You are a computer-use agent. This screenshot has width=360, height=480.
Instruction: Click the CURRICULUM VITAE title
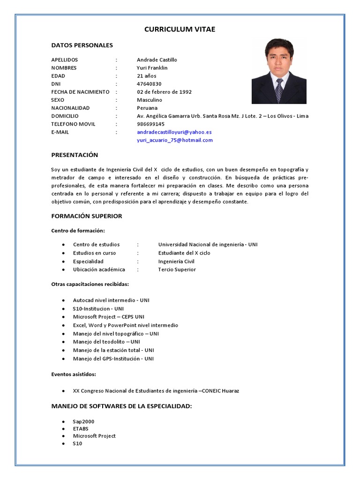180,30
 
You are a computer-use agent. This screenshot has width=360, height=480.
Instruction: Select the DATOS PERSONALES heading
82,45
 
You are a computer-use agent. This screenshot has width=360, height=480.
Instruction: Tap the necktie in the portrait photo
279,89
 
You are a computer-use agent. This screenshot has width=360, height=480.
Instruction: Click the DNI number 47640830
149,84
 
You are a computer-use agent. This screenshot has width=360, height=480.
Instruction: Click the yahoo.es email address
174,132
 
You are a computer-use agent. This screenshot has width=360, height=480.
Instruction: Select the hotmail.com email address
174,140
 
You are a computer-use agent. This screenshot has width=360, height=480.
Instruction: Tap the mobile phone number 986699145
150,124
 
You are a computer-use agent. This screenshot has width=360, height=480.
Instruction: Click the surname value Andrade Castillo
157,60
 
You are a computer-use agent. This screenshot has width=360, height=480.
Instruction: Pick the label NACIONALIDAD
70,108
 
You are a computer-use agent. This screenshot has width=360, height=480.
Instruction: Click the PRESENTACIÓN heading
75,155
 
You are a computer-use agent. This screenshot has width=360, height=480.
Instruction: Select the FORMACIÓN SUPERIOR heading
86,216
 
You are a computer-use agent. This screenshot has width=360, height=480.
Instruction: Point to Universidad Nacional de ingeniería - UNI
208,245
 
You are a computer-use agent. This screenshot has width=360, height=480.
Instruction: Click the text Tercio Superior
177,270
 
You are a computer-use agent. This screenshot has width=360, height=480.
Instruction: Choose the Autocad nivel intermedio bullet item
111,300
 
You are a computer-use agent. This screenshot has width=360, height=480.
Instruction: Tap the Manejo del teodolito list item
106,342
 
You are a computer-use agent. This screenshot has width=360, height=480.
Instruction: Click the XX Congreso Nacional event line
156,391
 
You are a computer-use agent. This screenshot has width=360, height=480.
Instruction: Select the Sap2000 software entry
83,421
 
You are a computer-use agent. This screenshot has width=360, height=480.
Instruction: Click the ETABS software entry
81,429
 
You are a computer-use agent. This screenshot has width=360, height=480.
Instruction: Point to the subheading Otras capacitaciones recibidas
90,284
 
